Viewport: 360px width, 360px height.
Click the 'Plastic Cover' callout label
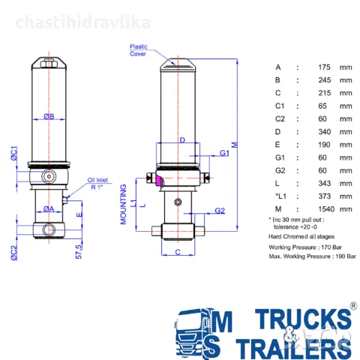click(x=139, y=49)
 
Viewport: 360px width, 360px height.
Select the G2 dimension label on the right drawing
click(x=220, y=211)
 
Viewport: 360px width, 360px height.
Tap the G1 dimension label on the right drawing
click(x=224, y=153)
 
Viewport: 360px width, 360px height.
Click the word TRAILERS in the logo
click(x=293, y=346)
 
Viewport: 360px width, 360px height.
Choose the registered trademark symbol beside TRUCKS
click(x=352, y=307)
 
